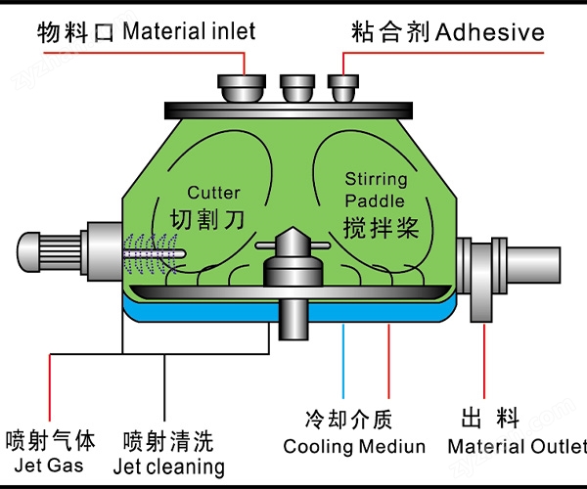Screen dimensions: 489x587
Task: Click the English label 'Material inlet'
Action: coord(189,31)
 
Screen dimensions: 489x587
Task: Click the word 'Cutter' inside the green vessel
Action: coord(213,193)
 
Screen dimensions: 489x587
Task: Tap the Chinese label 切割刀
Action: coord(203,216)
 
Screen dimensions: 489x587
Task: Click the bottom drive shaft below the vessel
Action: coord(291,319)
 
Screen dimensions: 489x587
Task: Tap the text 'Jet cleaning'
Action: coord(168,467)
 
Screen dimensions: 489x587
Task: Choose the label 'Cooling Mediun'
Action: coord(354,447)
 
